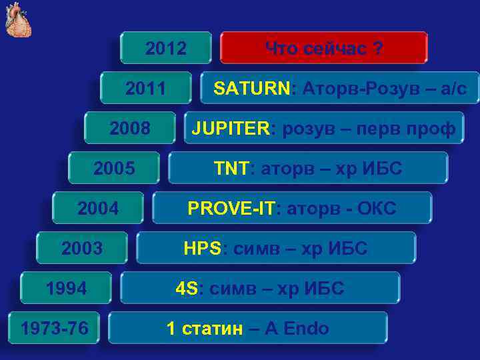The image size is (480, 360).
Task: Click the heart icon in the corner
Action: [18, 19]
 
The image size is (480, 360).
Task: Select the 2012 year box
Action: [166, 48]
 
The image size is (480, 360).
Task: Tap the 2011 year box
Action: [146, 88]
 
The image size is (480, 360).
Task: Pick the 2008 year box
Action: [130, 128]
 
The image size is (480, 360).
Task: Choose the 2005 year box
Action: [114, 168]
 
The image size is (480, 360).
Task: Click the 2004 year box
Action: [98, 208]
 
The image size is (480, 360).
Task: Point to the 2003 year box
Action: [82, 248]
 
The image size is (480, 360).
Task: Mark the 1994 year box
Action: [66, 288]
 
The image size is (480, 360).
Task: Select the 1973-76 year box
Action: [53, 328]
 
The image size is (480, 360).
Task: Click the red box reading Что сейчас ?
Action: [323, 48]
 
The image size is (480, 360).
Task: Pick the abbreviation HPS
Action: [202, 248]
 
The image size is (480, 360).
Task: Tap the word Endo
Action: [307, 328]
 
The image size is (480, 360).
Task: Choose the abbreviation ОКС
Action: [377, 208]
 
